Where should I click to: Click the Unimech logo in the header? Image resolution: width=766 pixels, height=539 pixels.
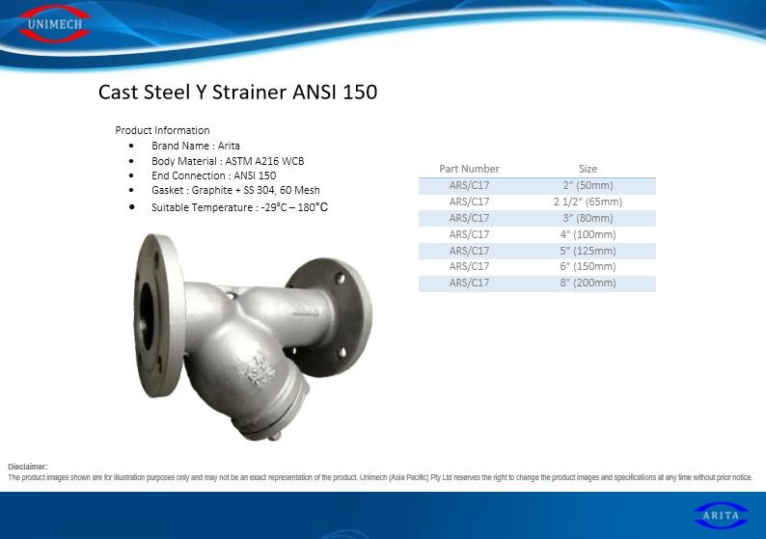click(55, 24)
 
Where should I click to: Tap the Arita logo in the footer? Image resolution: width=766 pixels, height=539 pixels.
click(721, 516)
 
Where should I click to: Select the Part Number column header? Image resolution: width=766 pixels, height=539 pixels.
click(469, 169)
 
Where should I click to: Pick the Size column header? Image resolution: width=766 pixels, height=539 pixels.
click(588, 169)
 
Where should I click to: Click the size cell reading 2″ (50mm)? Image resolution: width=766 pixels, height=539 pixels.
click(588, 185)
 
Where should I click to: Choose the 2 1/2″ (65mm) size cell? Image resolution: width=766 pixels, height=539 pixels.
click(588, 202)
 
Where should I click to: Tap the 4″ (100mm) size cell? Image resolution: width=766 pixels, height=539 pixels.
click(588, 234)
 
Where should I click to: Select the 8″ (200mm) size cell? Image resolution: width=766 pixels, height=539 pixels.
click(588, 283)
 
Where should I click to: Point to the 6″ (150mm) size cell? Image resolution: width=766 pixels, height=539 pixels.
click(588, 266)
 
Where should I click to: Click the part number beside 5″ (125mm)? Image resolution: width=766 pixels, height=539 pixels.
click(469, 251)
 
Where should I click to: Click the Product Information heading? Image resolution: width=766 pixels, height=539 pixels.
click(162, 130)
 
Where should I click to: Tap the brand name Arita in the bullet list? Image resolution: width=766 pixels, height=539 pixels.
click(229, 146)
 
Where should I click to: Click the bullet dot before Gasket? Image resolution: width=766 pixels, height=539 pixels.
click(131, 190)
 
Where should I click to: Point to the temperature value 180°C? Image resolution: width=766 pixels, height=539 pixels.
click(313, 207)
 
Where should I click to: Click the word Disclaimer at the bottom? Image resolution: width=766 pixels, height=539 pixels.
click(27, 467)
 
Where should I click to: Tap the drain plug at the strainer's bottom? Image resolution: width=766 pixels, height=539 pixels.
click(275, 436)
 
